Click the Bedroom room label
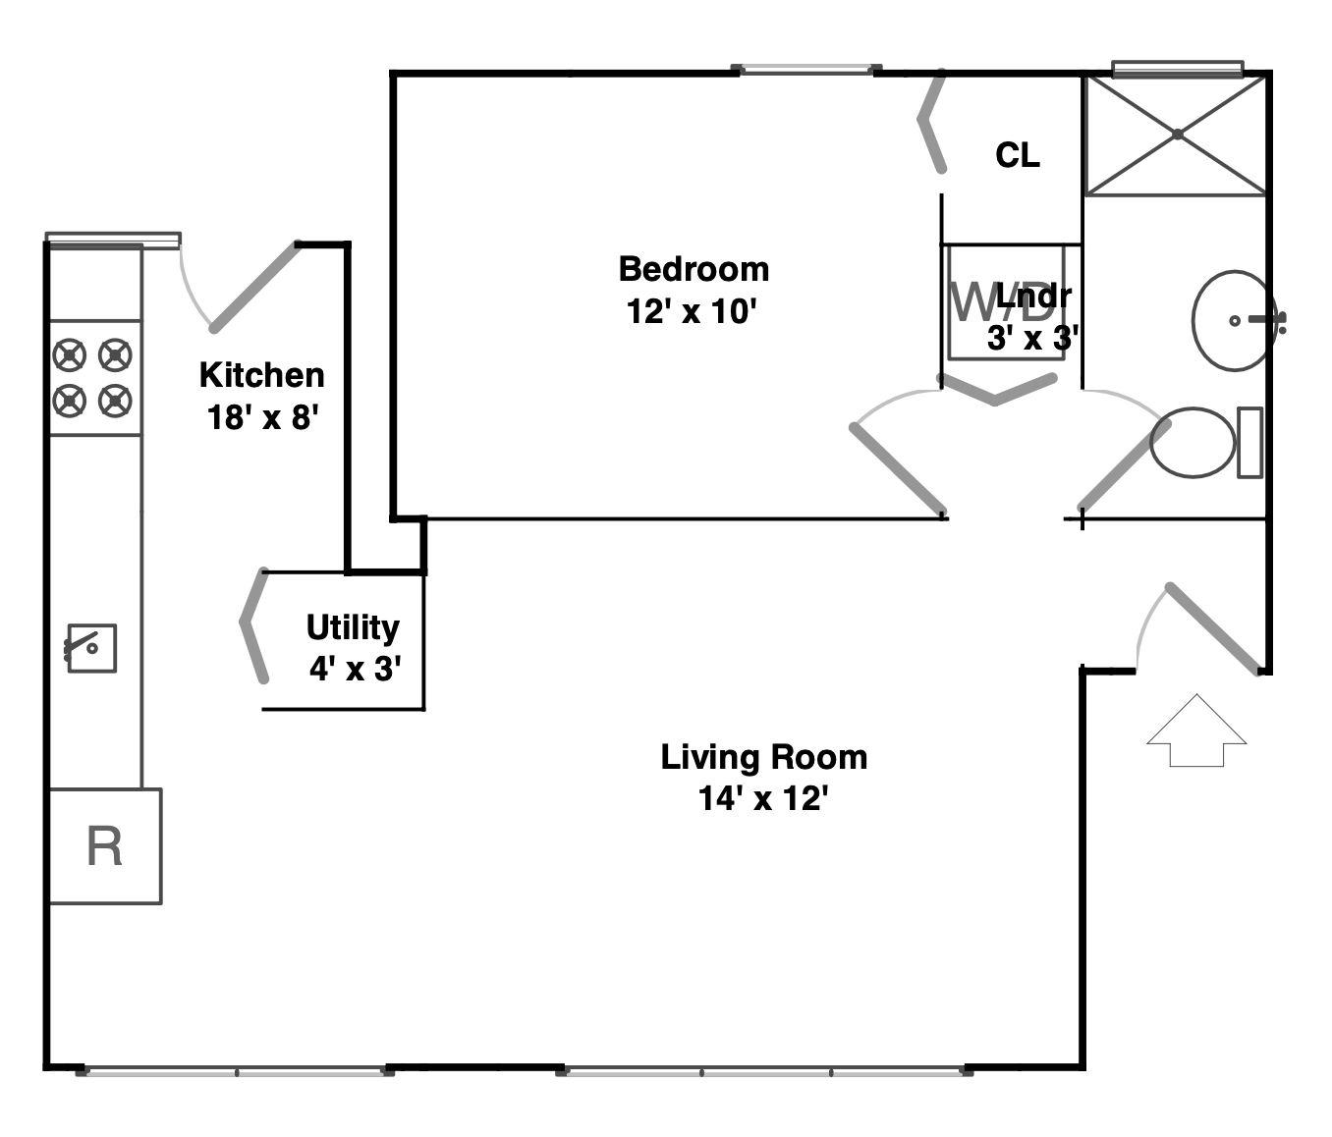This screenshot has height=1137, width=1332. (x=694, y=269)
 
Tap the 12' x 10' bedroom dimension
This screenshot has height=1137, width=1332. (x=694, y=312)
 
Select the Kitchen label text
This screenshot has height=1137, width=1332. (x=261, y=375)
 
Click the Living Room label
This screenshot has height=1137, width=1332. (x=763, y=757)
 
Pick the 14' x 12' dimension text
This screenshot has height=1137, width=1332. (x=763, y=799)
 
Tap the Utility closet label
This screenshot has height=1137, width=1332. (x=353, y=627)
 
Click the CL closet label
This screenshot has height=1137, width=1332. (x=1017, y=155)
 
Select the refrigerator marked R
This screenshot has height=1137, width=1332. (x=105, y=845)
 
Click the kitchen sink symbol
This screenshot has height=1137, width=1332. (x=91, y=648)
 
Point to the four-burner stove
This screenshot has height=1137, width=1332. (x=93, y=377)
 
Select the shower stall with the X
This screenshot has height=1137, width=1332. (x=1175, y=135)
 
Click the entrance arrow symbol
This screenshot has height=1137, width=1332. (x=1196, y=731)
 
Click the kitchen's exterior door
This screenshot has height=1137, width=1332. (x=253, y=285)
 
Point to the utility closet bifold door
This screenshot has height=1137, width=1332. (x=254, y=624)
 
